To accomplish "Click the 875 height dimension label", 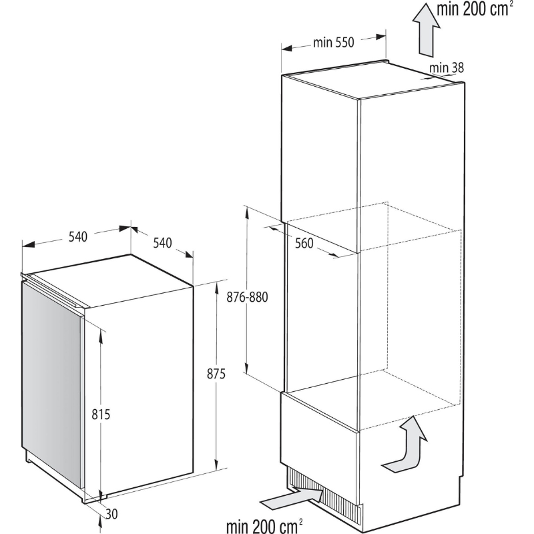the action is (x=216, y=374).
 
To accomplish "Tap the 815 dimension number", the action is (x=101, y=415).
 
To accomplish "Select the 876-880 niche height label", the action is (x=247, y=297).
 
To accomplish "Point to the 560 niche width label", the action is (x=304, y=243).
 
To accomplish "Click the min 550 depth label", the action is (x=333, y=43).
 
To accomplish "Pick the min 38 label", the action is (x=447, y=68).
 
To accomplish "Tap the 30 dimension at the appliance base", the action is (x=111, y=514).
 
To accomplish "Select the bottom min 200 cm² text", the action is (x=264, y=525).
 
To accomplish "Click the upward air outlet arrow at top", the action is (x=426, y=29).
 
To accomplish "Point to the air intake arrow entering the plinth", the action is (x=292, y=499).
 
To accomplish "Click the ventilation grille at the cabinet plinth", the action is (x=322, y=495).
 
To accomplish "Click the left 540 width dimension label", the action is (x=78, y=236).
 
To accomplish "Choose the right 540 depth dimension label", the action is (x=162, y=243).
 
